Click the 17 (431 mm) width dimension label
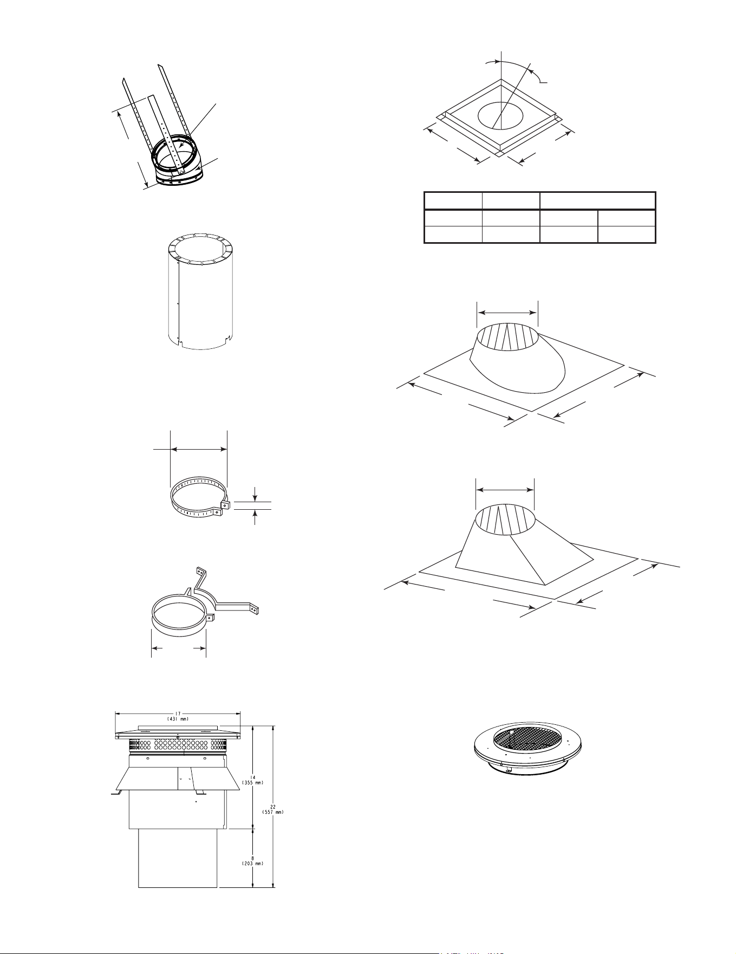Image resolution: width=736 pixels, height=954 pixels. pos(178,717)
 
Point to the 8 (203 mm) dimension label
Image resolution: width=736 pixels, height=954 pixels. pos(252,860)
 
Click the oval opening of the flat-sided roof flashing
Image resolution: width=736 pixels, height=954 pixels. pos(505,518)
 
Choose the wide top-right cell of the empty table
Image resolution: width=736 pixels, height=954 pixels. pos(597,200)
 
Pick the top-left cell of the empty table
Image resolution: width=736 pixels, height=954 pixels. pos(453,200)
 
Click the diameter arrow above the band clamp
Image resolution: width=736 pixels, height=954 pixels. pos(198,449)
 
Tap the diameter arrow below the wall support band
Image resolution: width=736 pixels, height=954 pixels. pos(178,647)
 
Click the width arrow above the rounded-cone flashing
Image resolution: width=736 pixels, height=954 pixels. pos(507,312)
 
